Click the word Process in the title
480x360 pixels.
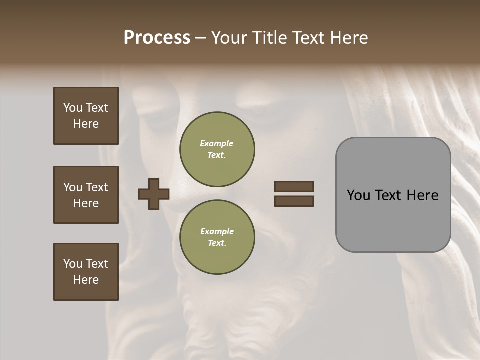click(157, 38)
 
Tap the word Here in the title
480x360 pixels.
click(348, 38)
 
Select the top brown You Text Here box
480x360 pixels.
click(86, 116)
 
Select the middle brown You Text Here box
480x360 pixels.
click(86, 195)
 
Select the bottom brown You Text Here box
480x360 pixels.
click(86, 272)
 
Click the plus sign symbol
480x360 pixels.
click(154, 194)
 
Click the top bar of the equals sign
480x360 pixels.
click(294, 186)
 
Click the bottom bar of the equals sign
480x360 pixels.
click(294, 201)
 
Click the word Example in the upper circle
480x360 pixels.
click(217, 143)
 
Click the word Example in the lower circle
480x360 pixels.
click(217, 231)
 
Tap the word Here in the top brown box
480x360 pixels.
click(86, 124)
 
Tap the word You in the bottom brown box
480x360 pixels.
click(72, 264)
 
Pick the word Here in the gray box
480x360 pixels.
click(422, 195)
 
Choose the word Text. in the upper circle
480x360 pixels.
click(217, 155)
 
